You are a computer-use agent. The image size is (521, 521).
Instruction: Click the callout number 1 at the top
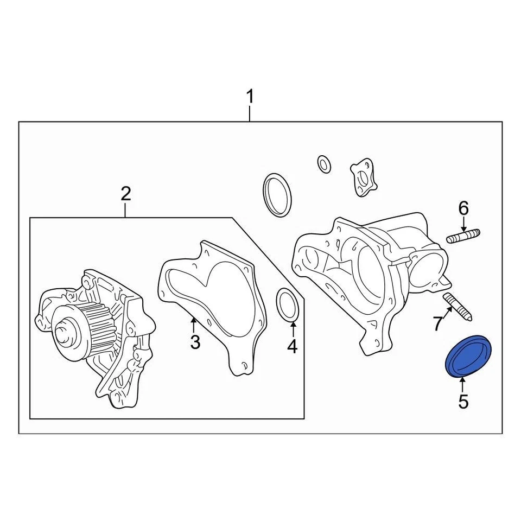pyautogui.click(x=250, y=98)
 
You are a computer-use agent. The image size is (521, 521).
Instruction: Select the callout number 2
pyautogui.click(x=125, y=193)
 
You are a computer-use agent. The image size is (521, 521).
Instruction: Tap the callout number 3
pyautogui.click(x=195, y=342)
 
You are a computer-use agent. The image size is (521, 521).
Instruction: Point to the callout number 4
pyautogui.click(x=293, y=346)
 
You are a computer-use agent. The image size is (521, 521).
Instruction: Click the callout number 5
pyautogui.click(x=462, y=402)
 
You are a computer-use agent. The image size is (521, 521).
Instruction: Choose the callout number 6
pyautogui.click(x=463, y=208)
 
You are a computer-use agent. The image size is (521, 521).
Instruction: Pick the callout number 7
pyautogui.click(x=439, y=325)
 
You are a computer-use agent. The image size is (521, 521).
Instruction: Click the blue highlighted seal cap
pyautogui.click(x=466, y=357)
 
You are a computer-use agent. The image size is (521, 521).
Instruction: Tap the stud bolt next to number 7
pyautogui.click(x=459, y=307)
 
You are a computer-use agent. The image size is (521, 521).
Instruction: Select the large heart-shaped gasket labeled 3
pyautogui.click(x=214, y=304)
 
